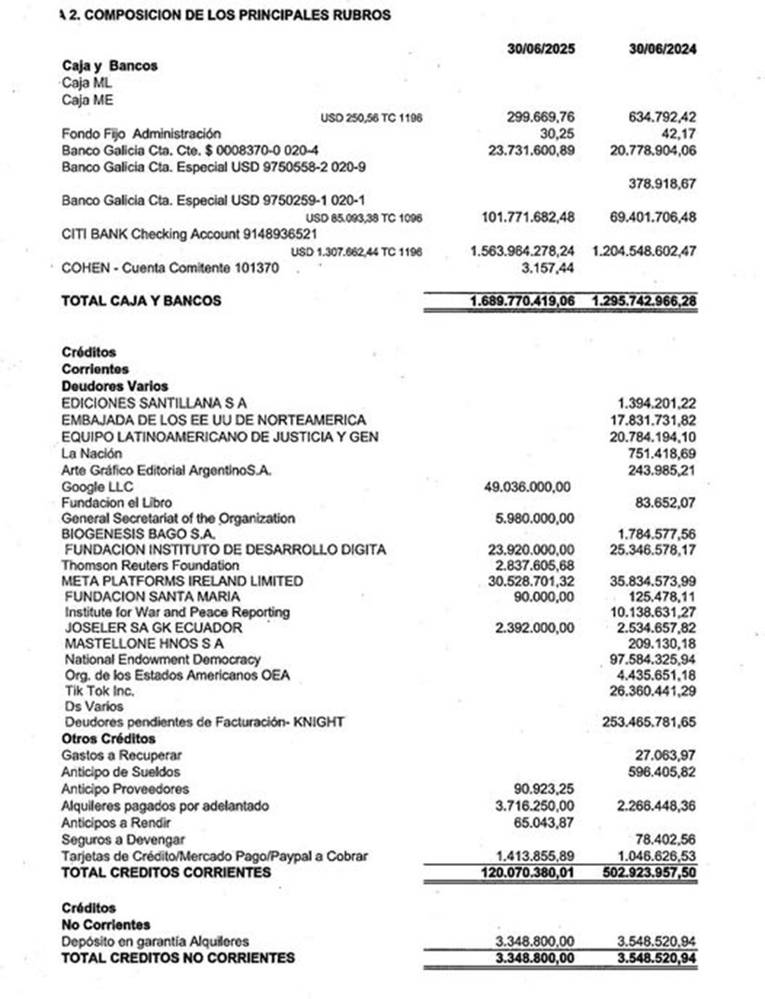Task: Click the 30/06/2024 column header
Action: [664, 49]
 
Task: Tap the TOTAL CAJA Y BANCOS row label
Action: [141, 302]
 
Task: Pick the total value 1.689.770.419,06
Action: [521, 302]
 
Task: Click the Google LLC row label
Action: [97, 487]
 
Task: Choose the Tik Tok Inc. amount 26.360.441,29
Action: [654, 691]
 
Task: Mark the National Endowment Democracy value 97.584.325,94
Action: [654, 659]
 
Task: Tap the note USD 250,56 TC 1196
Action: [370, 118]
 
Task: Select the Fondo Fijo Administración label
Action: [141, 134]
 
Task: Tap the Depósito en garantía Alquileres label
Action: [155, 941]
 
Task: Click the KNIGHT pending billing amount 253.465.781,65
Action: [651, 722]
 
